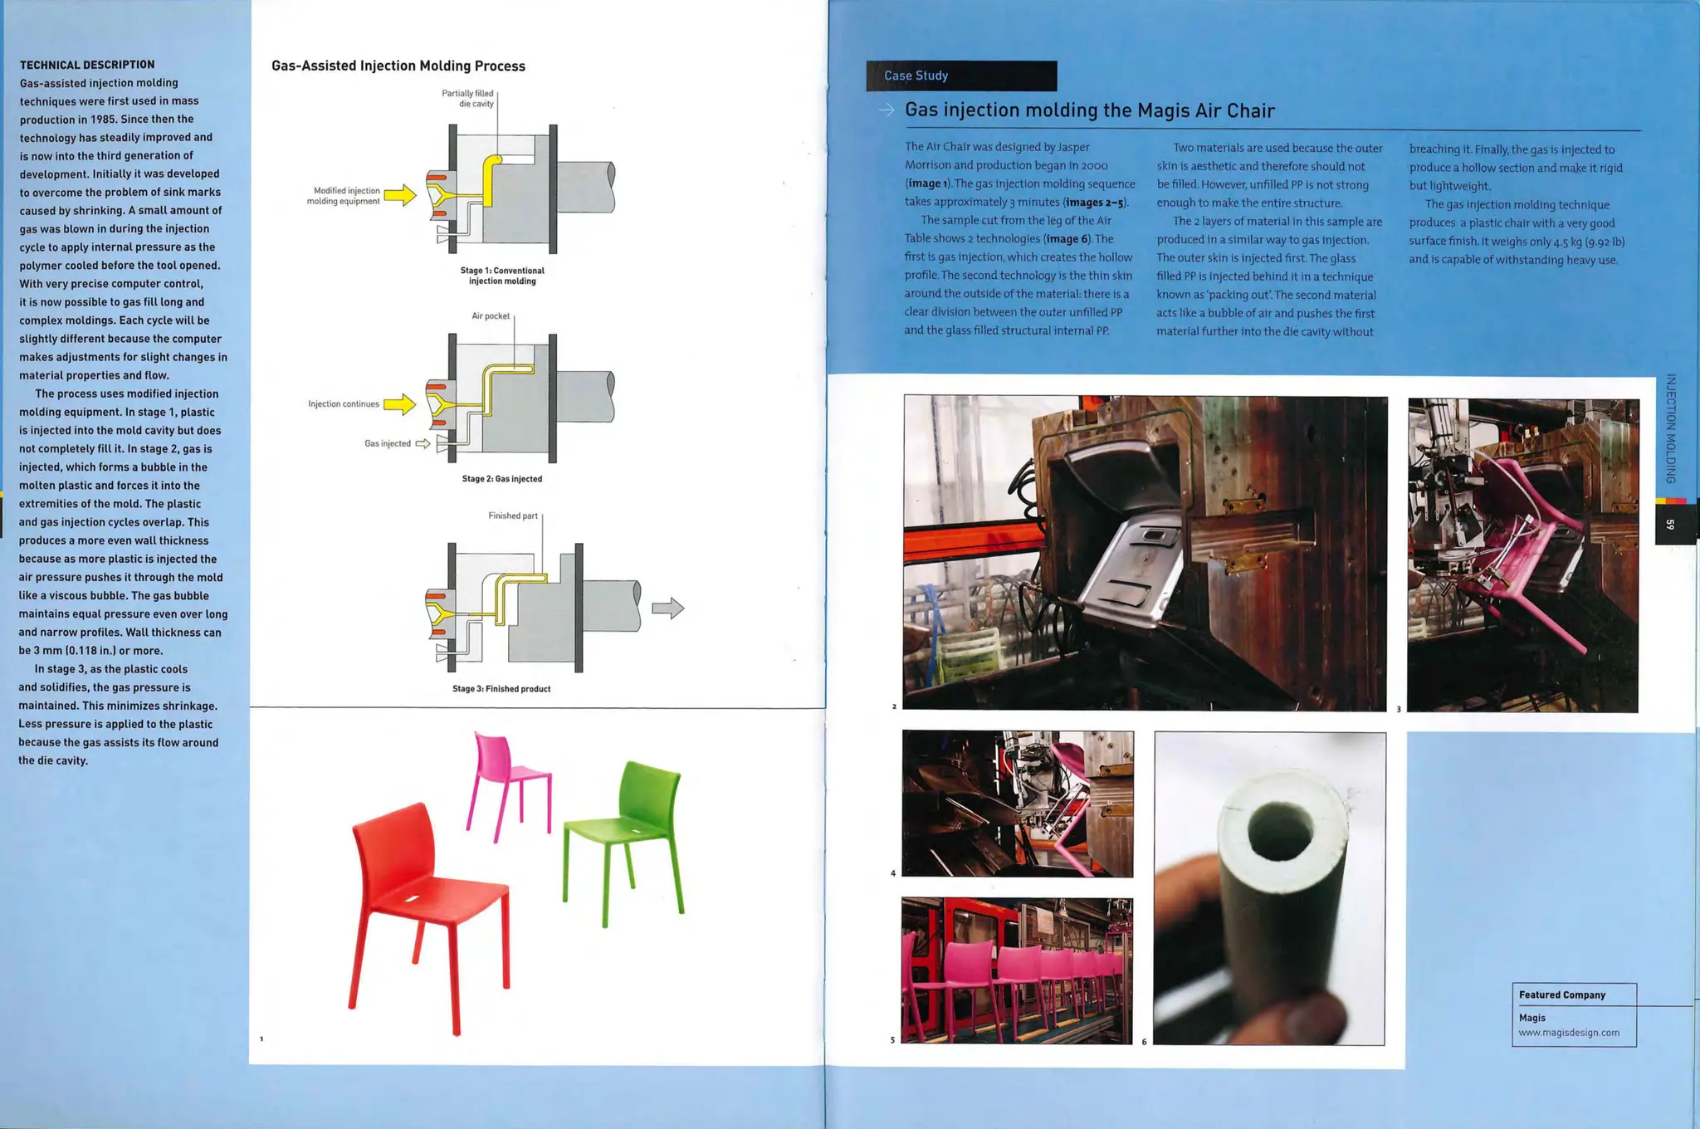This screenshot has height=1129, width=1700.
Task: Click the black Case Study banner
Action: (961, 76)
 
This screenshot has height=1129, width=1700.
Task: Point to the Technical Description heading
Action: (87, 65)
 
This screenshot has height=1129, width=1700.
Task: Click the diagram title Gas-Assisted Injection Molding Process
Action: (398, 66)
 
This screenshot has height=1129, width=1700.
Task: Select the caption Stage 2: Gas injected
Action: (502, 479)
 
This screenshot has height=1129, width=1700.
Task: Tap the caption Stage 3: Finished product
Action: (501, 689)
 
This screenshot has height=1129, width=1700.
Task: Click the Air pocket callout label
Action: (491, 316)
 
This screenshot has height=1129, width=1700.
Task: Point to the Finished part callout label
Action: (513, 516)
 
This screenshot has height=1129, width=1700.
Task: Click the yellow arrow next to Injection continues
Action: (399, 404)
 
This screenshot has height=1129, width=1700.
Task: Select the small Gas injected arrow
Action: (423, 443)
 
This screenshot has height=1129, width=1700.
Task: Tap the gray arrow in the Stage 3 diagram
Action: (667, 608)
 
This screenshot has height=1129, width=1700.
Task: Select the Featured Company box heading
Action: (1562, 995)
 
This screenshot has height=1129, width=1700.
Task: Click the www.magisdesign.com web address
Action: (1569, 1033)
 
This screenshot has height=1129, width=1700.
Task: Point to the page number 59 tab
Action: (1670, 525)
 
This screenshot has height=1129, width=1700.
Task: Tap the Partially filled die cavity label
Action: (468, 99)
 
